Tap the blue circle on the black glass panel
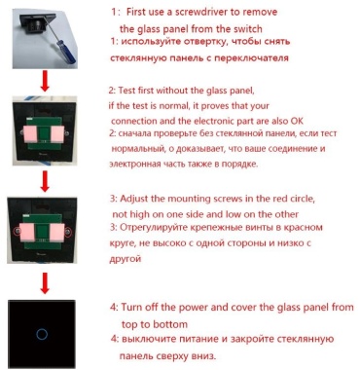[42, 334]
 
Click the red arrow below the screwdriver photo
[45, 83]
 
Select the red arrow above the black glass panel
[45, 283]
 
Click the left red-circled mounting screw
[18, 232]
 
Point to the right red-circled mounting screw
[68, 232]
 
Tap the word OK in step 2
[297, 121]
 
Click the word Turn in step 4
[131, 307]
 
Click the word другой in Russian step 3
[126, 259]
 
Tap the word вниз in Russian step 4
[203, 355]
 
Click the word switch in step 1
[247, 29]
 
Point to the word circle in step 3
[301, 199]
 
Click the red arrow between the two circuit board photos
[45, 182]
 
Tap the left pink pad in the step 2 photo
[31, 134]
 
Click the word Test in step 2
[126, 91]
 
